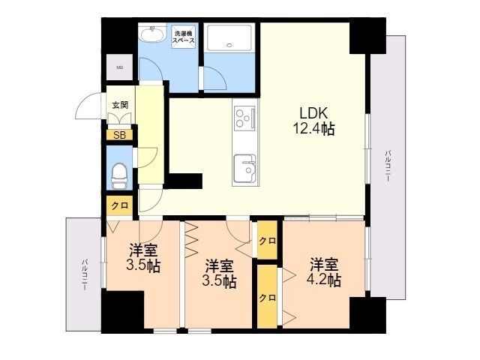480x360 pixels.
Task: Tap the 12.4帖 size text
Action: [x=313, y=129]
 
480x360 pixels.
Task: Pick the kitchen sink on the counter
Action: [x=244, y=167]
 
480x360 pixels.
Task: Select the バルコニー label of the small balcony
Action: [x=84, y=274]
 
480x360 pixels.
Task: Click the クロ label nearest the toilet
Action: [x=118, y=205]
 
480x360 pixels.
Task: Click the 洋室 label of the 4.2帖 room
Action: [x=324, y=264]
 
